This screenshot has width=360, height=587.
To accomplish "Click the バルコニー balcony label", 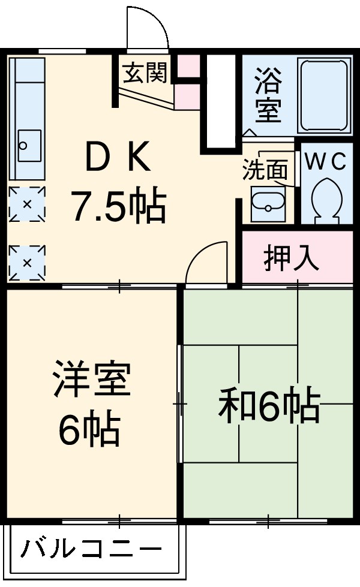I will (92, 549).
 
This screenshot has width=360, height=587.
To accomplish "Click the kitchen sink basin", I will (28, 145).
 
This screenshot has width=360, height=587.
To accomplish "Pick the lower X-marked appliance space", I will (27, 263).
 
